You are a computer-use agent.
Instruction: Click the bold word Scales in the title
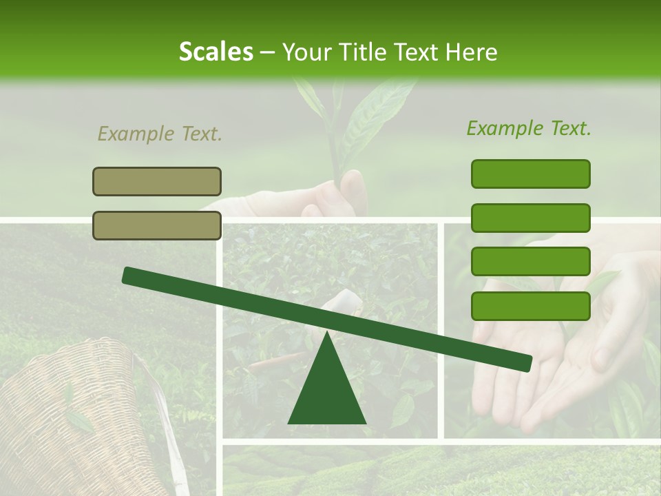click(x=216, y=52)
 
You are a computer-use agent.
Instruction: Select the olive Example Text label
click(x=160, y=134)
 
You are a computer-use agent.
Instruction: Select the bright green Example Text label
click(x=529, y=128)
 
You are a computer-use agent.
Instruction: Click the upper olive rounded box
click(x=157, y=181)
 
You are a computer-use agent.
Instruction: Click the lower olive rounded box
click(x=157, y=225)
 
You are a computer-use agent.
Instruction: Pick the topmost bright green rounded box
click(x=530, y=174)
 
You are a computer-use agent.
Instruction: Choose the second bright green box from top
click(x=530, y=218)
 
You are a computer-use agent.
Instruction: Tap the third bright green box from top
click(x=530, y=262)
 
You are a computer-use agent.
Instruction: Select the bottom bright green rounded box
click(x=530, y=306)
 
